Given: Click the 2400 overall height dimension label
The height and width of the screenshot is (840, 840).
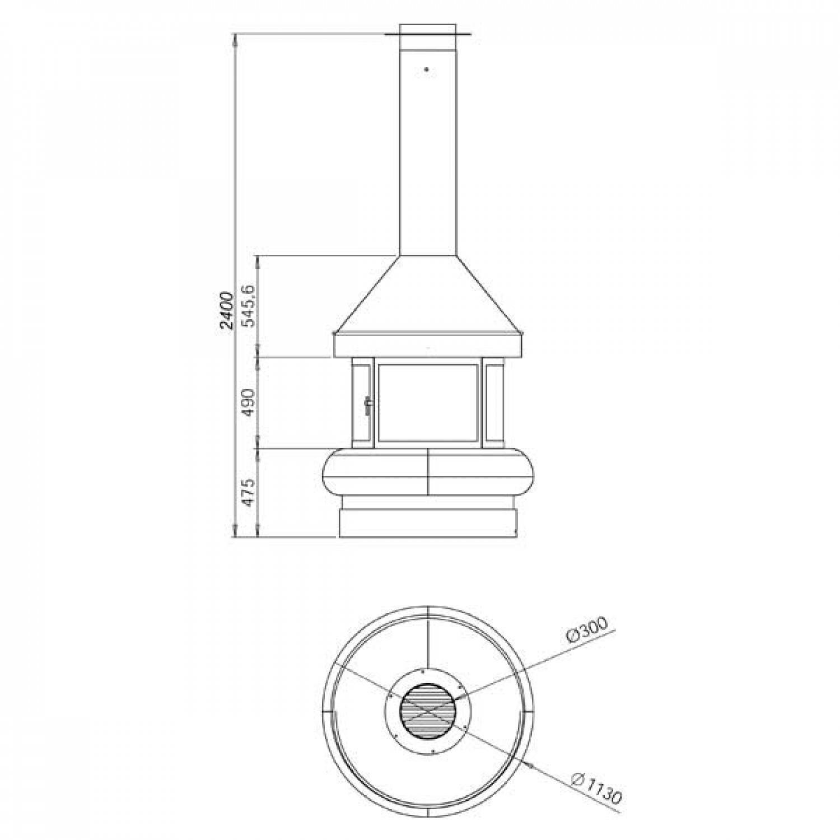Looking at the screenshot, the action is pos(226,310).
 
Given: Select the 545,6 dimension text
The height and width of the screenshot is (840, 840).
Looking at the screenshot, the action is pos(249,305).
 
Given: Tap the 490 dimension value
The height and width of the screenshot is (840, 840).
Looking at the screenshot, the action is pos(248,402).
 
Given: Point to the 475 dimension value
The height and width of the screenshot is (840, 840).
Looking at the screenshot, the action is pos(249,492).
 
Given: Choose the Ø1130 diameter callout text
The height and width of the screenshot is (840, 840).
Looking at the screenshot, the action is pos(598,788).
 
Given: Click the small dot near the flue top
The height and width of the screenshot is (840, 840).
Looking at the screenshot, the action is pos(427,69).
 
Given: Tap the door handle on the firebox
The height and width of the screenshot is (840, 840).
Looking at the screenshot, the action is pos(368,406).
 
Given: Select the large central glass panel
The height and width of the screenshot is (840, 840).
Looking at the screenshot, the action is pos(428,401).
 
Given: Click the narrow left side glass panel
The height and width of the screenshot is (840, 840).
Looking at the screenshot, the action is pos(361,401).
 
